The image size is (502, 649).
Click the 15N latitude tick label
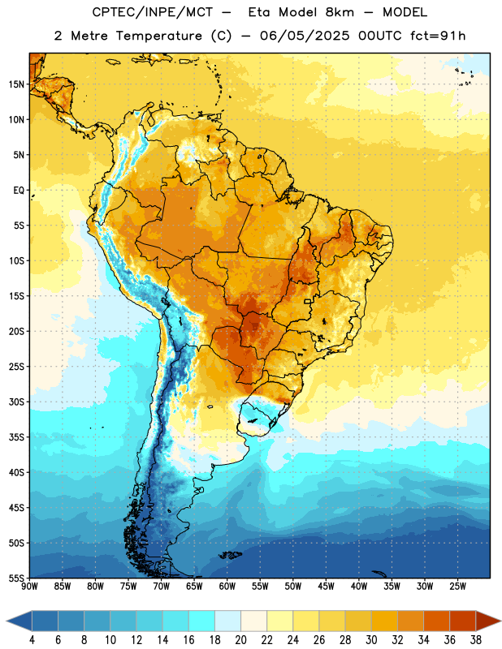pyautogui.click(x=16, y=84)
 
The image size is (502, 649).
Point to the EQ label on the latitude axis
pyautogui.click(x=19, y=191)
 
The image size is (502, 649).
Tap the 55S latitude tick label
pyautogui.click(x=16, y=578)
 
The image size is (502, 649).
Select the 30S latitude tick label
pyautogui.click(x=16, y=402)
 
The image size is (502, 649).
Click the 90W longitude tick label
pyautogui.click(x=29, y=586)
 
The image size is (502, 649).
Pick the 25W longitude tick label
pyautogui.click(x=457, y=586)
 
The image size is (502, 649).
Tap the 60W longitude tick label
pyautogui.click(x=227, y=586)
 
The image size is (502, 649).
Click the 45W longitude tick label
pyautogui.click(x=326, y=586)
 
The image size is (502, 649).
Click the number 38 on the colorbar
pyautogui.click(x=476, y=640)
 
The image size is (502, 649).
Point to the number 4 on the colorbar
pyautogui.click(x=32, y=640)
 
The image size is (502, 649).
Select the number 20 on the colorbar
pyautogui.click(x=240, y=640)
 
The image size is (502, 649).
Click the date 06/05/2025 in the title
pyautogui.click(x=305, y=36)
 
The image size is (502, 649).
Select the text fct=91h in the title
pyautogui.click(x=438, y=36)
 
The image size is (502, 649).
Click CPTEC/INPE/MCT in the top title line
pyautogui.click(x=153, y=12)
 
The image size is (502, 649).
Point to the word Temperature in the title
pyautogui.click(x=158, y=36)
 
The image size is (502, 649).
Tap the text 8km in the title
pyautogui.click(x=340, y=12)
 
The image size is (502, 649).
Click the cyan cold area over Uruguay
pyautogui.click(x=257, y=416)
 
